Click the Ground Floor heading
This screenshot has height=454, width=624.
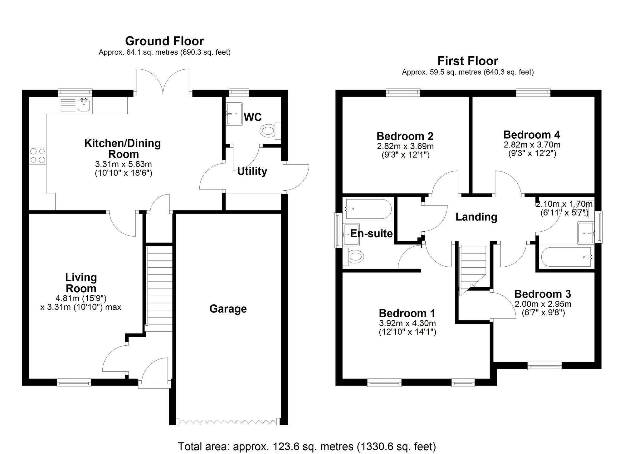pyautogui.click(x=164, y=41)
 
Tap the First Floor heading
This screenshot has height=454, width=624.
pyautogui.click(x=467, y=61)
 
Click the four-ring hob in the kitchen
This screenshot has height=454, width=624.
pyautogui.click(x=37, y=155)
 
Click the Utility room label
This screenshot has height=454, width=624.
pyautogui.click(x=252, y=171)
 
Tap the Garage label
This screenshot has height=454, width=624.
pyautogui.click(x=228, y=308)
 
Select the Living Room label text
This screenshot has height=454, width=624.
pyautogui.click(x=81, y=283)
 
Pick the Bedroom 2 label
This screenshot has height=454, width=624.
pyautogui.click(x=405, y=136)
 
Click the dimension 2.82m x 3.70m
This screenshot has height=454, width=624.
pyautogui.click(x=532, y=145)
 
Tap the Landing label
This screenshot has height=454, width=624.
pyautogui.click(x=476, y=217)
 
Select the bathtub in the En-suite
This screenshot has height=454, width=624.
pyautogui.click(x=368, y=209)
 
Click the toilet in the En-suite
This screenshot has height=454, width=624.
pyautogui.click(x=355, y=258)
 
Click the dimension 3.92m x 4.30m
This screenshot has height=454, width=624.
pyautogui.click(x=407, y=323)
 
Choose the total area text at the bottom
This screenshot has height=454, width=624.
pyautogui.click(x=307, y=447)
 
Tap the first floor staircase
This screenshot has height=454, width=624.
pyautogui.click(x=473, y=267)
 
